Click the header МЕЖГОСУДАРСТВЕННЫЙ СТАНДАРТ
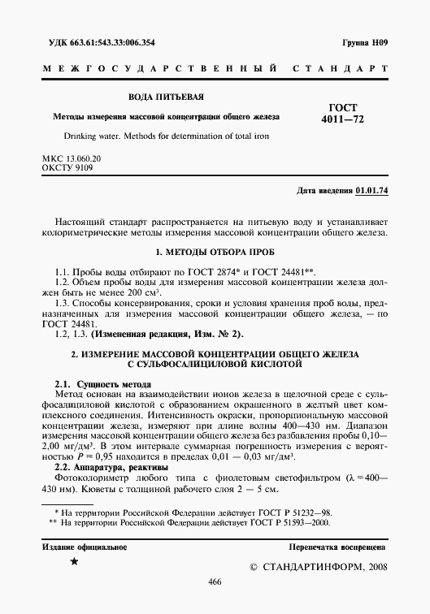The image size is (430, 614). point(215,71)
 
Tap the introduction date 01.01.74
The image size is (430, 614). point(371,191)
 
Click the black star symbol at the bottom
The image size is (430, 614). point(75,562)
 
